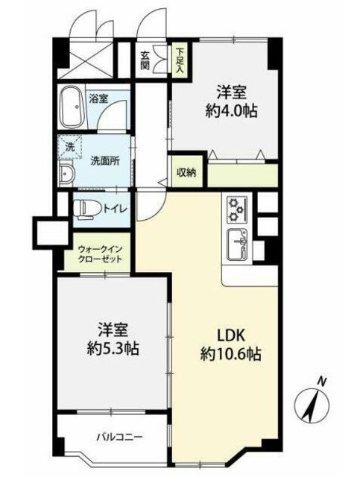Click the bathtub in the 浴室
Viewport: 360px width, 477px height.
pyautogui.click(x=72, y=107)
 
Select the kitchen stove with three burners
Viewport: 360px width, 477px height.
pyautogui.click(x=237, y=210)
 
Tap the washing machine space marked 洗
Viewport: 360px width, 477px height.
pyautogui.click(x=70, y=147)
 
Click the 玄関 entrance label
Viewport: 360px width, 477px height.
pyautogui.click(x=145, y=60)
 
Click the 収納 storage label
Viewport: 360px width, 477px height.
pyautogui.click(x=186, y=173)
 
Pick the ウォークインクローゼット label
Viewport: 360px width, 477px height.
pyautogui.click(x=101, y=253)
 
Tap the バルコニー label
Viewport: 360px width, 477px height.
pyautogui.click(x=119, y=437)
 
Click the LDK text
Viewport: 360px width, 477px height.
pyautogui.click(x=230, y=335)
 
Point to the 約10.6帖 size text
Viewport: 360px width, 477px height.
pyautogui.click(x=231, y=354)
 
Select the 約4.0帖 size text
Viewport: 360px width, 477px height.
pyautogui.click(x=231, y=111)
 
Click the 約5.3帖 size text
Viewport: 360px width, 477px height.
pyautogui.click(x=113, y=348)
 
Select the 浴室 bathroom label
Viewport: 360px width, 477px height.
pyautogui.click(x=98, y=98)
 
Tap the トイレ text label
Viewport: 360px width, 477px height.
pyautogui.click(x=115, y=209)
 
